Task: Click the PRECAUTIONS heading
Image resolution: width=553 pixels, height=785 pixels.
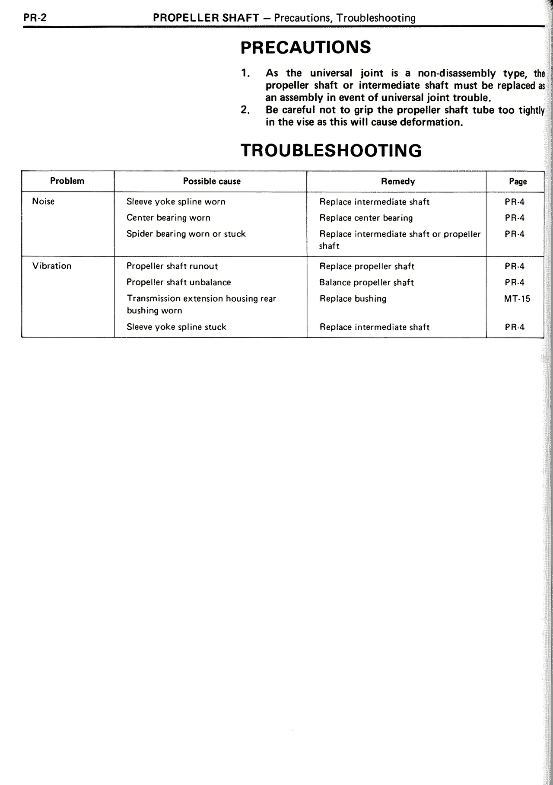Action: tap(305, 47)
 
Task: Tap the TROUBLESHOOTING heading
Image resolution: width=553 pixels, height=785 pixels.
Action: tap(331, 150)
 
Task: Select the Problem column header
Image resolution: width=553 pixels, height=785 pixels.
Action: tap(67, 181)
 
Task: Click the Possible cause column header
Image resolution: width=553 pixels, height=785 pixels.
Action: tap(212, 182)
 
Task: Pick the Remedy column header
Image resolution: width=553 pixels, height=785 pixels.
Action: tap(398, 182)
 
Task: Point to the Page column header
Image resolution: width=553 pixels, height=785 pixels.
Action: tap(518, 182)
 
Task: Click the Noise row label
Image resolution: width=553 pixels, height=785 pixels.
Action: tap(43, 201)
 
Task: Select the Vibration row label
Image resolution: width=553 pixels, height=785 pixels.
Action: tap(52, 266)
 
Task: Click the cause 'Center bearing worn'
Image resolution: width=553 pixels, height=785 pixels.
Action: tap(168, 218)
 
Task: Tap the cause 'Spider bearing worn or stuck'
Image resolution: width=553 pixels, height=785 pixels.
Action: tap(186, 234)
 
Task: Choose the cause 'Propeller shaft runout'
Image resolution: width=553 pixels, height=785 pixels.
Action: tap(172, 266)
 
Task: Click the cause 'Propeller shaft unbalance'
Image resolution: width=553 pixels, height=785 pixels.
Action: tap(178, 282)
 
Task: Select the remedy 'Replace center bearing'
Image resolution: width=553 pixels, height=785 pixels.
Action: tap(366, 218)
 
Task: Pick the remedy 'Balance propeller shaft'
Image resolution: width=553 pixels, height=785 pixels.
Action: tap(366, 283)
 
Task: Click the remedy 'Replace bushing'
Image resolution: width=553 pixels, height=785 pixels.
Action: tap(353, 299)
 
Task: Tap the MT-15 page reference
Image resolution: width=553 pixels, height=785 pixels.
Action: tap(517, 299)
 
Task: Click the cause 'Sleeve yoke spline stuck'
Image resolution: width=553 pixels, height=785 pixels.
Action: tap(176, 327)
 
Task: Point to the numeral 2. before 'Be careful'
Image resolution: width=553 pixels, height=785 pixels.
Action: tap(245, 110)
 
